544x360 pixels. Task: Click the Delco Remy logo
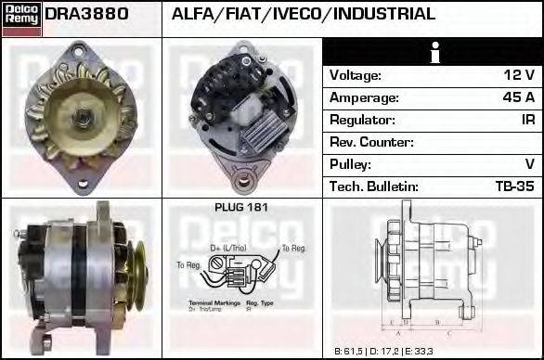coord(20,19)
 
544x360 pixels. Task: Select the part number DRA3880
coord(86,14)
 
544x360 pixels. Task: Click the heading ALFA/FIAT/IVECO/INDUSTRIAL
coord(304,14)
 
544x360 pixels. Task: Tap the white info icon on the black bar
coord(433,52)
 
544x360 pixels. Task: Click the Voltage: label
coord(356,75)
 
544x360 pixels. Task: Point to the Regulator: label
coord(362,120)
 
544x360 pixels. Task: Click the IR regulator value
coord(527,120)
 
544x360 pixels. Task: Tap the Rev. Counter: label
coord(371,142)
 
